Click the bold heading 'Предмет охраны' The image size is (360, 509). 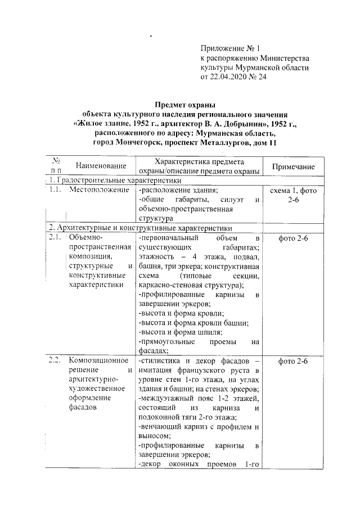[185, 105]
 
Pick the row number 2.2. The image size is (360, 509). [54, 361]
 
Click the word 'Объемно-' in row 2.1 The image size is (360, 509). [85, 239]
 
